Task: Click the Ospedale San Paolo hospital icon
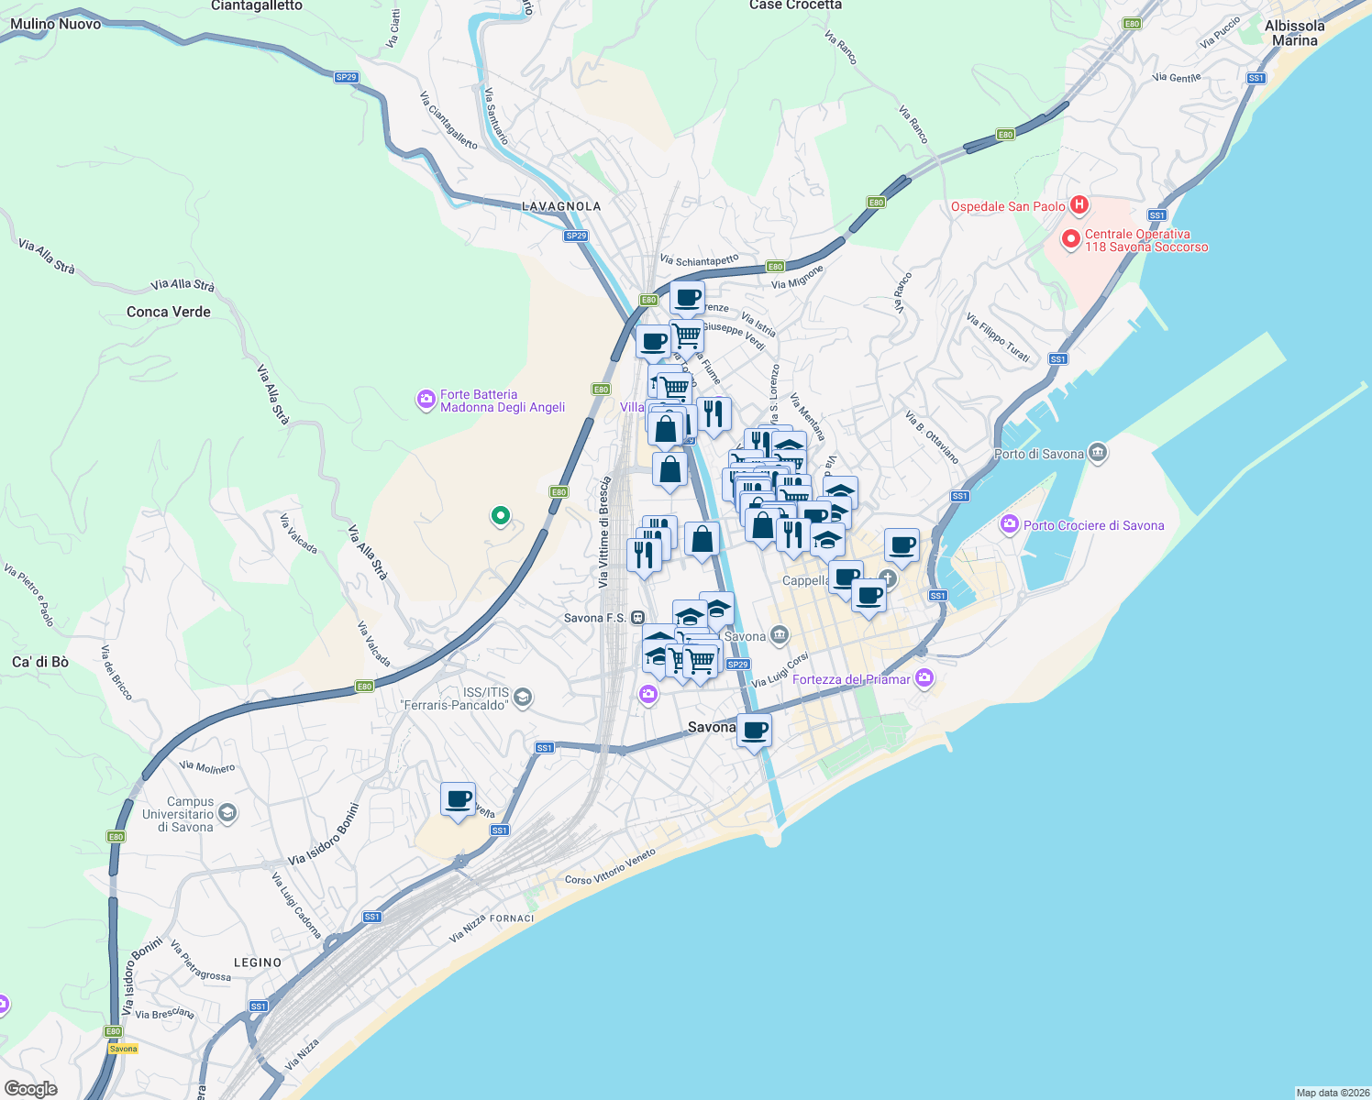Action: click(x=1079, y=205)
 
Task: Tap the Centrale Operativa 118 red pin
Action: click(x=1070, y=240)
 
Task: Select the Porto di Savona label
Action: click(x=1039, y=454)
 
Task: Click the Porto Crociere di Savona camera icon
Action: click(x=1010, y=524)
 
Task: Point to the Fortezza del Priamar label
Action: click(x=851, y=679)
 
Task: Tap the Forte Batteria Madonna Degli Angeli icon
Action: click(x=426, y=400)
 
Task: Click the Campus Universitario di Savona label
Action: click(x=178, y=814)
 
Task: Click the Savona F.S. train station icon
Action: click(x=637, y=618)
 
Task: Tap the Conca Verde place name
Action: click(x=169, y=312)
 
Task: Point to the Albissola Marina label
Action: click(x=1294, y=33)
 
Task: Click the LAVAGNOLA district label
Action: click(x=561, y=206)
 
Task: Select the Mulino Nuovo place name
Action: click(x=55, y=24)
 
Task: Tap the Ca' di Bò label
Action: click(x=40, y=662)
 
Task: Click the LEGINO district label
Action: click(x=258, y=962)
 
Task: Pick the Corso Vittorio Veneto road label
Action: click(x=610, y=866)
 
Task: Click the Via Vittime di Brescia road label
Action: click(x=603, y=533)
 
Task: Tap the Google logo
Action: click(x=30, y=1089)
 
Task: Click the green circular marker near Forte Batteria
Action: click(x=501, y=515)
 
